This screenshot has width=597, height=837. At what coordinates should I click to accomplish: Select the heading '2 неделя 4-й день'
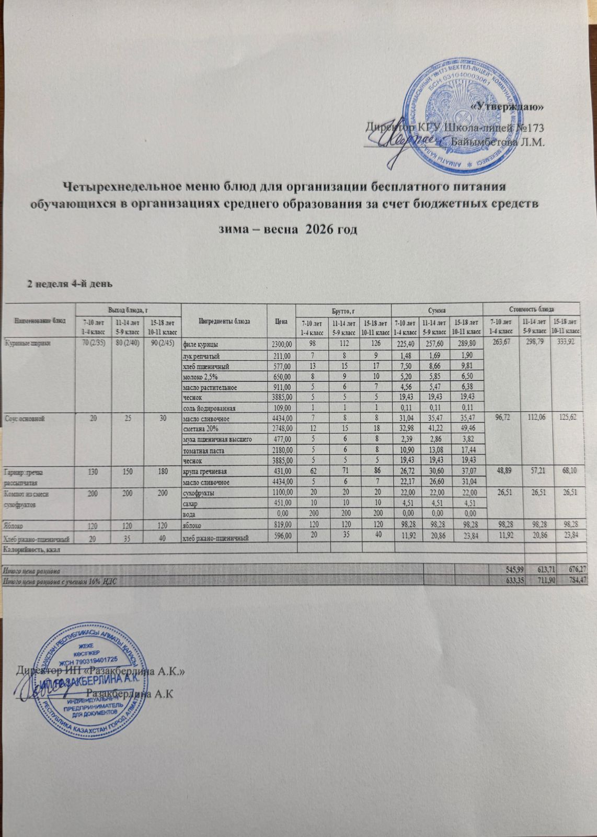[67, 284]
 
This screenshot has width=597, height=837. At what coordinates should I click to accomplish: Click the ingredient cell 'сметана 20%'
[197, 428]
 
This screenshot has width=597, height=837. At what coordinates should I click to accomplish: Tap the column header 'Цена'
[281, 321]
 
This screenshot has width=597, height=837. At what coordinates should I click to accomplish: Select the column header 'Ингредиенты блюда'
[224, 321]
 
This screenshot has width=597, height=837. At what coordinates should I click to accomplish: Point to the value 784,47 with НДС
[570, 580]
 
